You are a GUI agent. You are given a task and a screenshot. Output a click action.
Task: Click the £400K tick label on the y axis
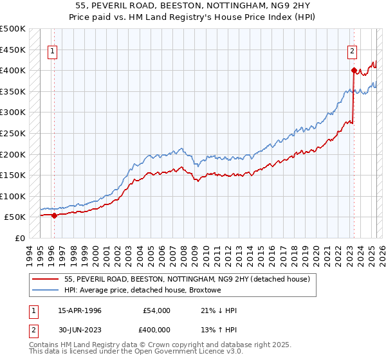click(13, 70)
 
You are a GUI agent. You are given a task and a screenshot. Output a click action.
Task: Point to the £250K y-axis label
click(13, 133)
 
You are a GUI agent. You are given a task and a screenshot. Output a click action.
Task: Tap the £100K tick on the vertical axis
click(13, 196)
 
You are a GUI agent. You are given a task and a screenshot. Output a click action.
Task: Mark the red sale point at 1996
click(54, 215)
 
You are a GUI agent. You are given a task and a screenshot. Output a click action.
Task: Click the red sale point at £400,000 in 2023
click(354, 70)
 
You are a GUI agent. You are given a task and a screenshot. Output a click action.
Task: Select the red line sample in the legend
click(46, 279)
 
